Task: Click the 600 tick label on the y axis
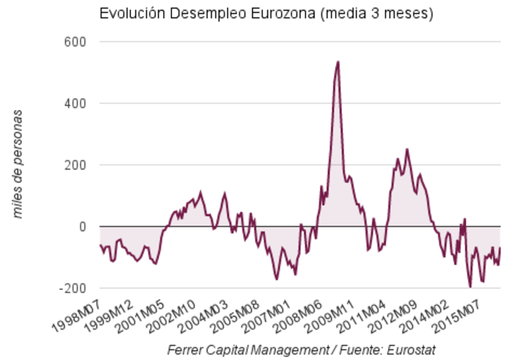point(74,41)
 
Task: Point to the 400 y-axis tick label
point(74,103)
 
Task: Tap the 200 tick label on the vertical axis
point(74,165)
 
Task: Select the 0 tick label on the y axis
point(81,227)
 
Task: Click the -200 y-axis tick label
point(71,288)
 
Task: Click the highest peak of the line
point(337,62)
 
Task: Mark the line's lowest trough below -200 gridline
point(471,286)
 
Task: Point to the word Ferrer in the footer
point(185,349)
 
